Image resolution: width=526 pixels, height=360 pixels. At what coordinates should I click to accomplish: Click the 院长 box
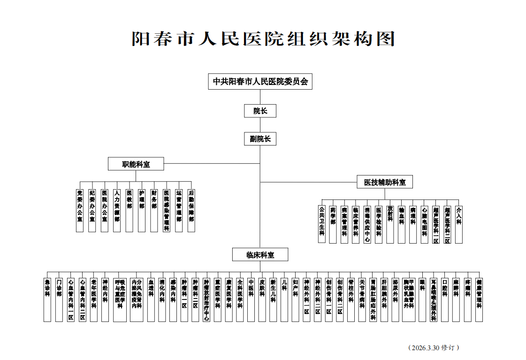pos(260,111)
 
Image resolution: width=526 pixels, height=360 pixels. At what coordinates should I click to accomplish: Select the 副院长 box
pos(260,139)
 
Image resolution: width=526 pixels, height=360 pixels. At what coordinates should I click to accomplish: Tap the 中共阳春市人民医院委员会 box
pos(260,81)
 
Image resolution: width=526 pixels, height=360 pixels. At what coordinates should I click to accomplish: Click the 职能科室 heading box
pos(136,164)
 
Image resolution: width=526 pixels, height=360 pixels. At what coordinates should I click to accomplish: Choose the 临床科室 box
pos(260,255)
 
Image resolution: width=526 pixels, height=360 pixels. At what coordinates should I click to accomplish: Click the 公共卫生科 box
pos(321,223)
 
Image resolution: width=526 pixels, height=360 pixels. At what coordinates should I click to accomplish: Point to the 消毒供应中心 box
pos(367,223)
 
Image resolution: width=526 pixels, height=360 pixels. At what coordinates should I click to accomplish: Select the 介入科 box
pos(459,223)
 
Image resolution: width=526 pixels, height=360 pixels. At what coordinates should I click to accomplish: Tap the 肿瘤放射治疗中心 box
pos(206,299)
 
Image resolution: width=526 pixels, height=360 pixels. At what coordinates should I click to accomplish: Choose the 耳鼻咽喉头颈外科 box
pos(434,299)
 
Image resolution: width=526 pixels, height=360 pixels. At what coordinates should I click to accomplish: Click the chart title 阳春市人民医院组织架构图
pos(263,39)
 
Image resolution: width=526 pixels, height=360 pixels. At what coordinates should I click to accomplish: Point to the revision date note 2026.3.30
pos(433,348)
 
